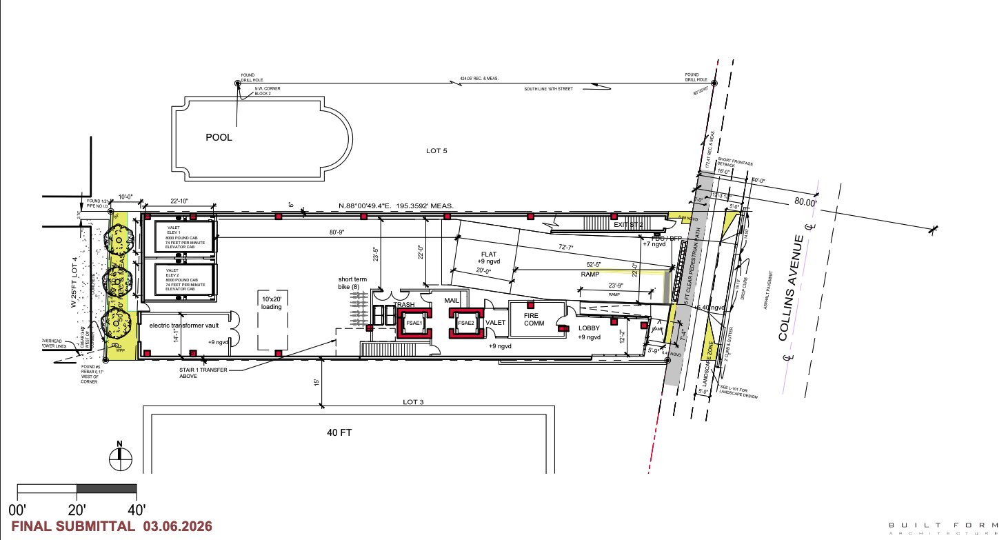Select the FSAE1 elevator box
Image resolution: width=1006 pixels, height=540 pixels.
[x=414, y=323]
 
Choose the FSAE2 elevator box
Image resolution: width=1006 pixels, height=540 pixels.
[x=465, y=323]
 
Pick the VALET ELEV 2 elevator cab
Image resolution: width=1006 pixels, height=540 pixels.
[x=179, y=279]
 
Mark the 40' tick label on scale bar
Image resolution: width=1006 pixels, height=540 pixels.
[x=137, y=510]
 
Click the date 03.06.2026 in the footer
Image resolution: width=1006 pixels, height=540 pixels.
[x=178, y=526]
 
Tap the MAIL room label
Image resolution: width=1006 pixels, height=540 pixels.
[x=452, y=301]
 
